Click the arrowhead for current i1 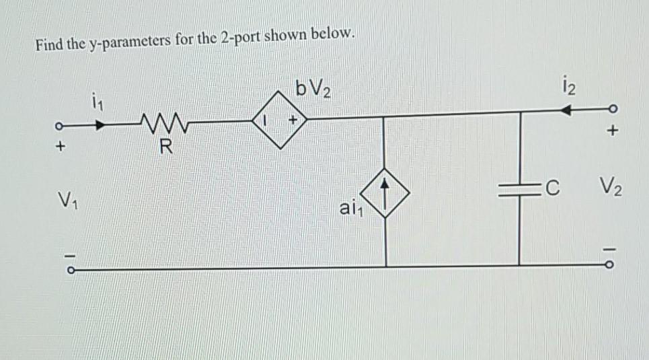pos(99,124)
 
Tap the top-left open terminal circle pos(60,124)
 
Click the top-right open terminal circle pos(611,111)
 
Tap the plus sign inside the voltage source pos(293,122)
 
